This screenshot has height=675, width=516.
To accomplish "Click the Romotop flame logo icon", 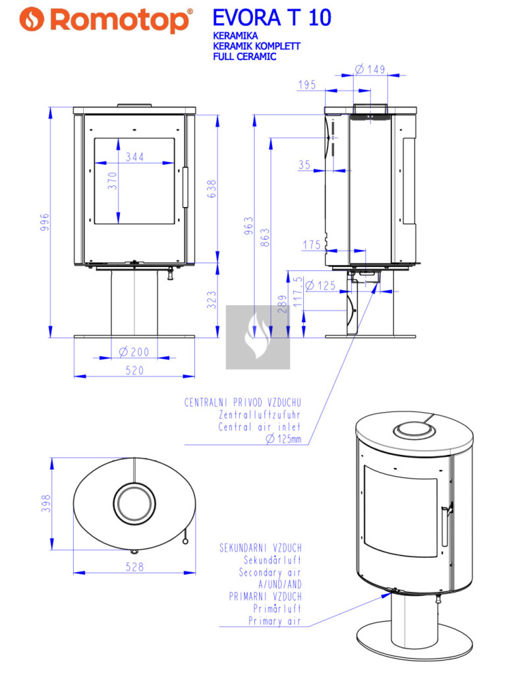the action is tap(32, 19).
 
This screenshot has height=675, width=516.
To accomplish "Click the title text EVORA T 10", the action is tap(272, 18).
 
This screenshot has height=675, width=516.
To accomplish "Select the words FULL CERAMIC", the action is tap(244, 57).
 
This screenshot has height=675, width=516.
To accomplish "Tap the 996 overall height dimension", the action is tap(45, 222).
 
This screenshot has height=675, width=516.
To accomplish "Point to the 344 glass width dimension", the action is tap(134, 157).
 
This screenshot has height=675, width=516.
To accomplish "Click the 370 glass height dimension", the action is tap(112, 181).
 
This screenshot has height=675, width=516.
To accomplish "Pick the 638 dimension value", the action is tap(212, 189).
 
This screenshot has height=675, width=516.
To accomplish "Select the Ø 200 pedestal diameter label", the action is tap(134, 352).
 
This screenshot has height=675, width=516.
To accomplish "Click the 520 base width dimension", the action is tap(134, 370).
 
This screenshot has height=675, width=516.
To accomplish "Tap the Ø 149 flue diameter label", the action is tap(370, 69).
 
